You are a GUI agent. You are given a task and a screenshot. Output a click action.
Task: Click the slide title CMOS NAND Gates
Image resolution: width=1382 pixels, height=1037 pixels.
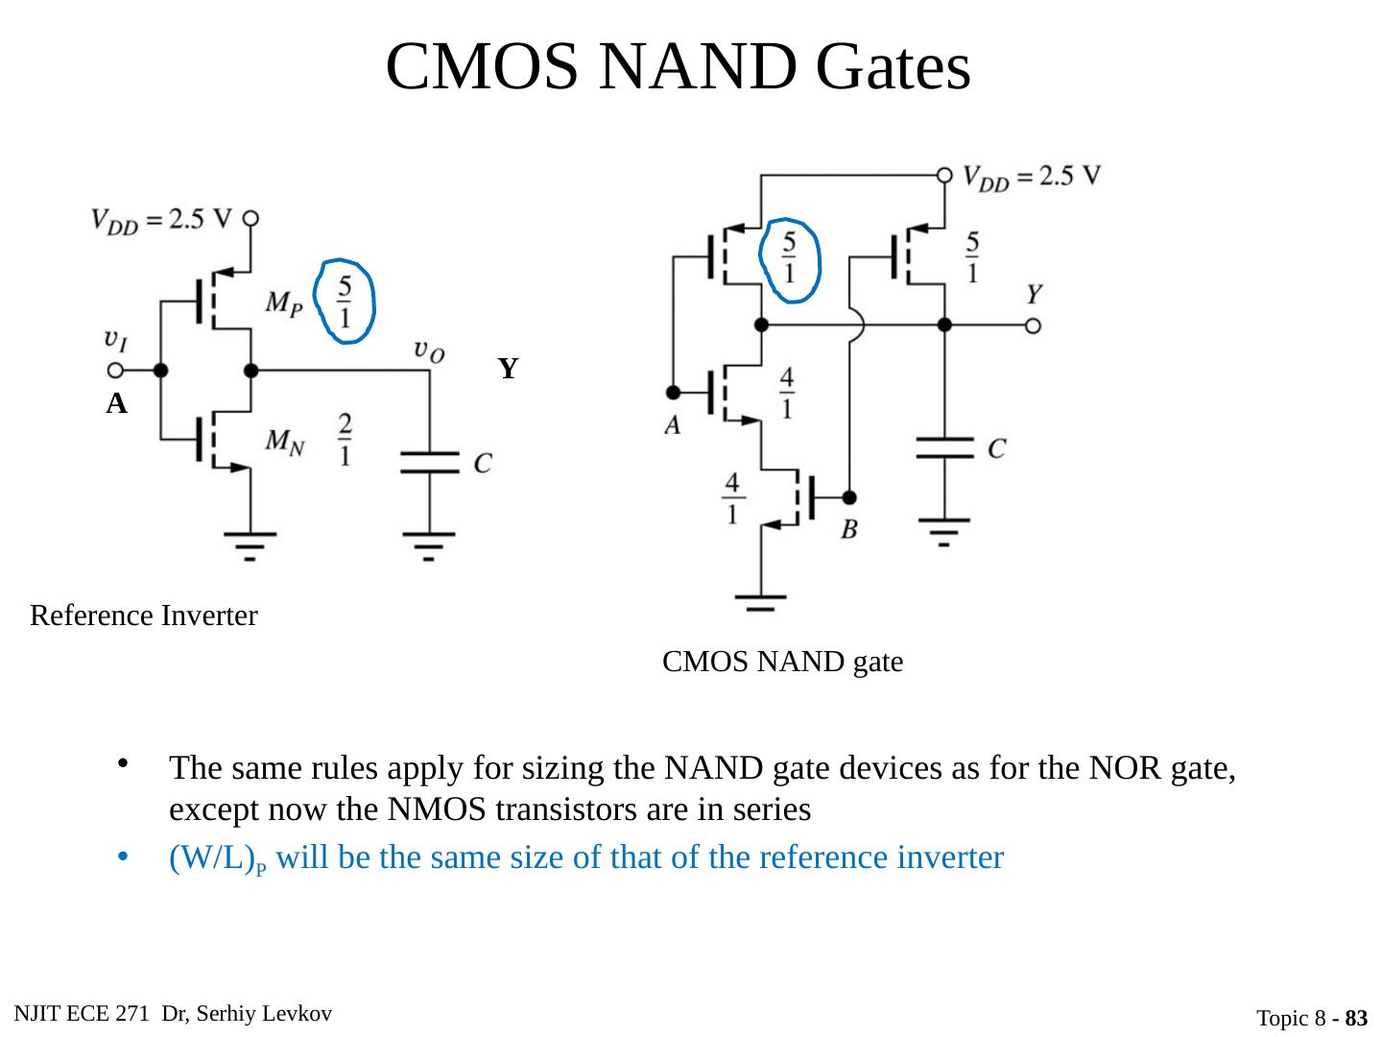[x=678, y=67]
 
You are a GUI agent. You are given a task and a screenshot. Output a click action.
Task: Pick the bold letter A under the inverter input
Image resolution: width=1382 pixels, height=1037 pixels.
[x=116, y=405]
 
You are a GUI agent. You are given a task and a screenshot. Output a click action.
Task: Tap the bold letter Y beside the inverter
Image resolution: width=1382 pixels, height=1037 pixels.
[x=509, y=369]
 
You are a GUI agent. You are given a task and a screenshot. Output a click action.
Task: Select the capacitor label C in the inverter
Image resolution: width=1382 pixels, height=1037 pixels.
[x=483, y=463]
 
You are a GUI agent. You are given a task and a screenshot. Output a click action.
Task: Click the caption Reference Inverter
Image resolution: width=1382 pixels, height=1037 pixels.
[x=144, y=615]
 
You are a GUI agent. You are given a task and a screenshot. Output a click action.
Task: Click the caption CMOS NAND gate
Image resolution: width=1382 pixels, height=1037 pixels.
[x=782, y=662]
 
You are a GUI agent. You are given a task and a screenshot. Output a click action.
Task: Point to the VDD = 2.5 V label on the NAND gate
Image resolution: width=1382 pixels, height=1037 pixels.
[x=1032, y=178]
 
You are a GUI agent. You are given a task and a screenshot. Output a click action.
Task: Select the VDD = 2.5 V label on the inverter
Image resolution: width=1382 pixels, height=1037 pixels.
[x=161, y=220]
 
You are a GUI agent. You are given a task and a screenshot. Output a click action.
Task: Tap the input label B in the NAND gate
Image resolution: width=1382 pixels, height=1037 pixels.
[x=849, y=529]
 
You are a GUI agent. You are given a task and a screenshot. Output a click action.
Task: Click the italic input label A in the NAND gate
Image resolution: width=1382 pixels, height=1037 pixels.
[x=673, y=424]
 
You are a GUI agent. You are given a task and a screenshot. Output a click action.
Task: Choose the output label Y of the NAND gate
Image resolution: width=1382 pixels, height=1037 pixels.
[x=1035, y=294]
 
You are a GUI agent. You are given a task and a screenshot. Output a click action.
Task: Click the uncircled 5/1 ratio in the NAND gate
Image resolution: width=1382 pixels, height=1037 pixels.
[x=973, y=257]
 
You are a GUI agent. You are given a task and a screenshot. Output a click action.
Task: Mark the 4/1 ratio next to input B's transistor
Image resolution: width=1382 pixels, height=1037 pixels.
[x=732, y=497]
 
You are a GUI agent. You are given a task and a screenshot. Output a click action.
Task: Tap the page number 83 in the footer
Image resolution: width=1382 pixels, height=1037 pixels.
[x=1355, y=1018]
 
